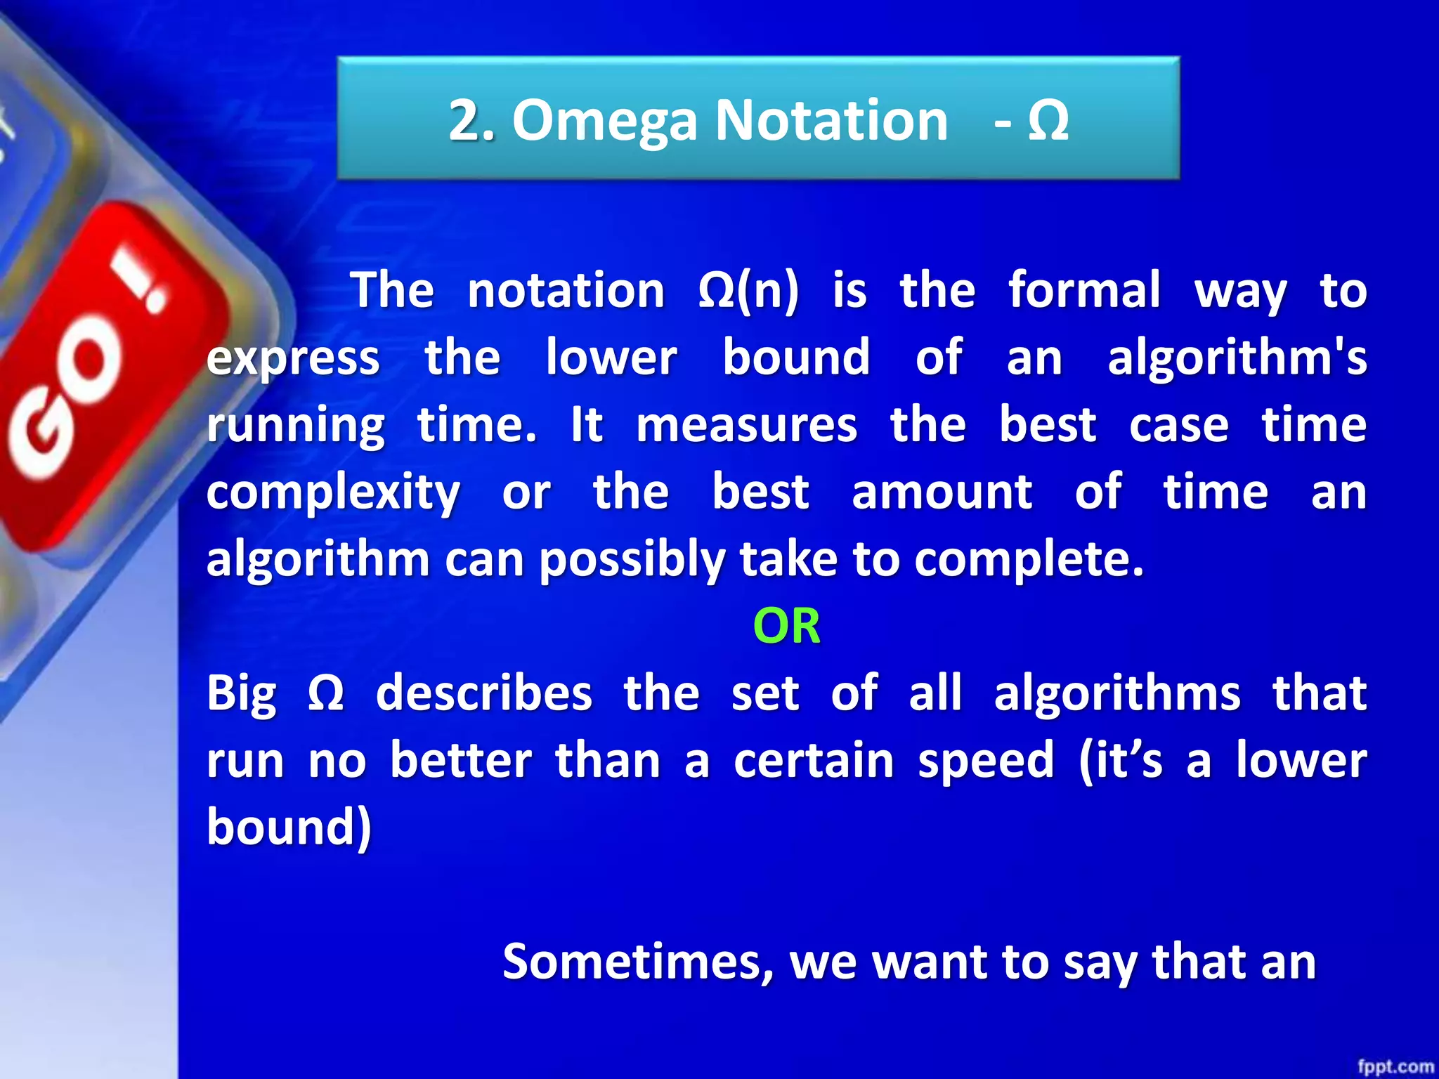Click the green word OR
[x=786, y=626]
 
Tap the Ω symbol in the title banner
[x=1048, y=121]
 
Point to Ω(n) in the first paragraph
[x=748, y=290]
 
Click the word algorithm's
[x=1237, y=358]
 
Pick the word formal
[x=1084, y=290]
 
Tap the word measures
[x=746, y=425]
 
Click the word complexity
[x=333, y=492]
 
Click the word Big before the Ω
[x=241, y=693]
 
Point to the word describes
[x=484, y=693]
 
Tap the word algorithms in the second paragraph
[x=1117, y=693]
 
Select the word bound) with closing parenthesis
[x=289, y=827]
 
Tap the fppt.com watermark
[x=1395, y=1066]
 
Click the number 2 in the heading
[x=465, y=121]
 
